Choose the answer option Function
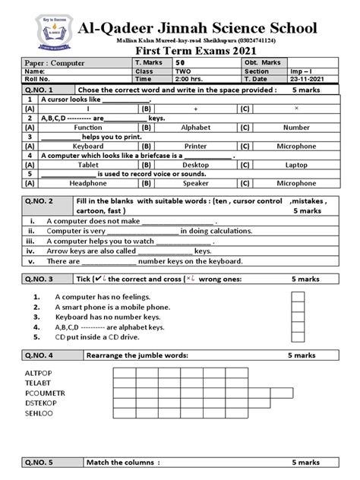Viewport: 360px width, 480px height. pyautogui.click(x=88, y=128)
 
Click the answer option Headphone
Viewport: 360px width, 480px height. pyautogui.click(x=88, y=183)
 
